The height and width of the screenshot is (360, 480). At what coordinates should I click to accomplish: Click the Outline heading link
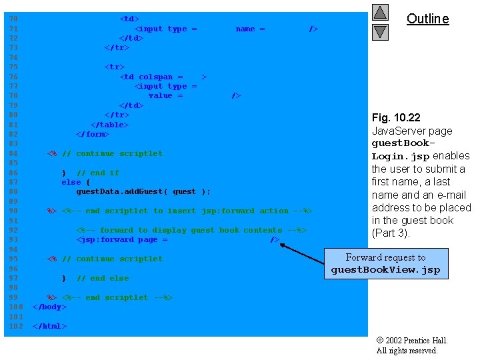[x=427, y=19]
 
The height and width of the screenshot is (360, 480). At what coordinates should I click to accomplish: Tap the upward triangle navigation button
[x=380, y=13]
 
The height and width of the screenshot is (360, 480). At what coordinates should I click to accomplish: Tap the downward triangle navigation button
[x=380, y=31]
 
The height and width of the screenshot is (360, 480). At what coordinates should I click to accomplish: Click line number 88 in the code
[x=14, y=192]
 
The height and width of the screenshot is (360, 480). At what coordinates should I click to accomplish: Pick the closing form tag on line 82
[x=93, y=134]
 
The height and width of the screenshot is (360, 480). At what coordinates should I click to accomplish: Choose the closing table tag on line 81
[x=110, y=125]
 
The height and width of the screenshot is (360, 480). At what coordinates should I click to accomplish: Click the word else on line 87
[x=71, y=182]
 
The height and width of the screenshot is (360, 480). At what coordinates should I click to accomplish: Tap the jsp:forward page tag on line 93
[x=122, y=240]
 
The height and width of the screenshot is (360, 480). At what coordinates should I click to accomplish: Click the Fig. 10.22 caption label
[x=396, y=118]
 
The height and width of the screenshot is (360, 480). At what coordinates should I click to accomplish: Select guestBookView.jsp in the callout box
[x=385, y=270]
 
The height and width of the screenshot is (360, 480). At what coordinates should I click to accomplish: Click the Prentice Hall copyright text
[x=411, y=345]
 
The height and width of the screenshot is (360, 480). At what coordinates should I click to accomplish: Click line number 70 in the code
[x=14, y=19]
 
